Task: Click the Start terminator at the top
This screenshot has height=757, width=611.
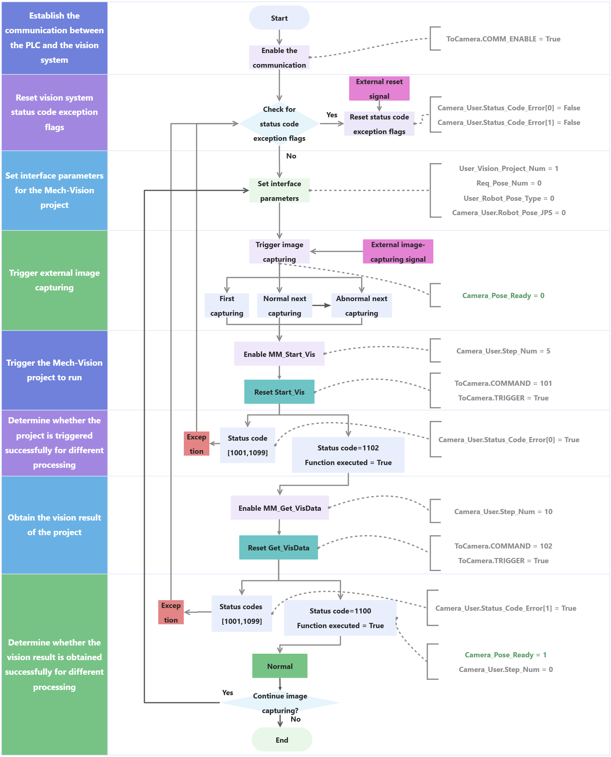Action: (x=279, y=18)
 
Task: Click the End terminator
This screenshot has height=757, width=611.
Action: (x=282, y=740)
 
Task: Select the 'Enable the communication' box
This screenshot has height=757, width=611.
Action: (x=279, y=57)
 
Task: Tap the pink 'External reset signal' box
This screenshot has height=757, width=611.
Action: (x=379, y=88)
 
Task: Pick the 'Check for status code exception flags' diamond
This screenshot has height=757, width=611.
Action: (x=279, y=124)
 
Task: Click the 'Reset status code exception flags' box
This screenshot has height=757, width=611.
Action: (x=379, y=124)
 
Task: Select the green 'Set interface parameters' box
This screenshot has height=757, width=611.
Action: (x=279, y=190)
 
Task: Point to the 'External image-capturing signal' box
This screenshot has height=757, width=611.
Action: (x=398, y=252)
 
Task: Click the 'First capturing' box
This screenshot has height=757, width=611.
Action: (x=227, y=305)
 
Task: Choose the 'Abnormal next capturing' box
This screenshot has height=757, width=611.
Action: (x=361, y=305)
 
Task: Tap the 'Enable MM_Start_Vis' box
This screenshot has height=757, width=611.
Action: (x=279, y=354)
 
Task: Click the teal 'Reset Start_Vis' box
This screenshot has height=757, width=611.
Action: (x=279, y=392)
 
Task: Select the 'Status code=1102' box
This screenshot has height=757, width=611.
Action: (x=348, y=455)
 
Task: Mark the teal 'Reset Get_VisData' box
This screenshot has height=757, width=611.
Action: (x=279, y=548)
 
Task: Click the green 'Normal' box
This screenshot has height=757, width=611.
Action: (x=279, y=666)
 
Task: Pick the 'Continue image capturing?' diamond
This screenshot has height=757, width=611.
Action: (x=280, y=703)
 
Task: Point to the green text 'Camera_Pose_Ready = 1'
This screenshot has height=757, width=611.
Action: (x=506, y=655)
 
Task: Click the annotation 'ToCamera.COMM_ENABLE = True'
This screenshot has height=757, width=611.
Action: (x=503, y=39)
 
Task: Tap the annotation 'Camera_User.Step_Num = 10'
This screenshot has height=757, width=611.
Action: (x=503, y=511)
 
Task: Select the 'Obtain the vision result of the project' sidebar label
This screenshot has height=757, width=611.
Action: (x=54, y=525)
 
